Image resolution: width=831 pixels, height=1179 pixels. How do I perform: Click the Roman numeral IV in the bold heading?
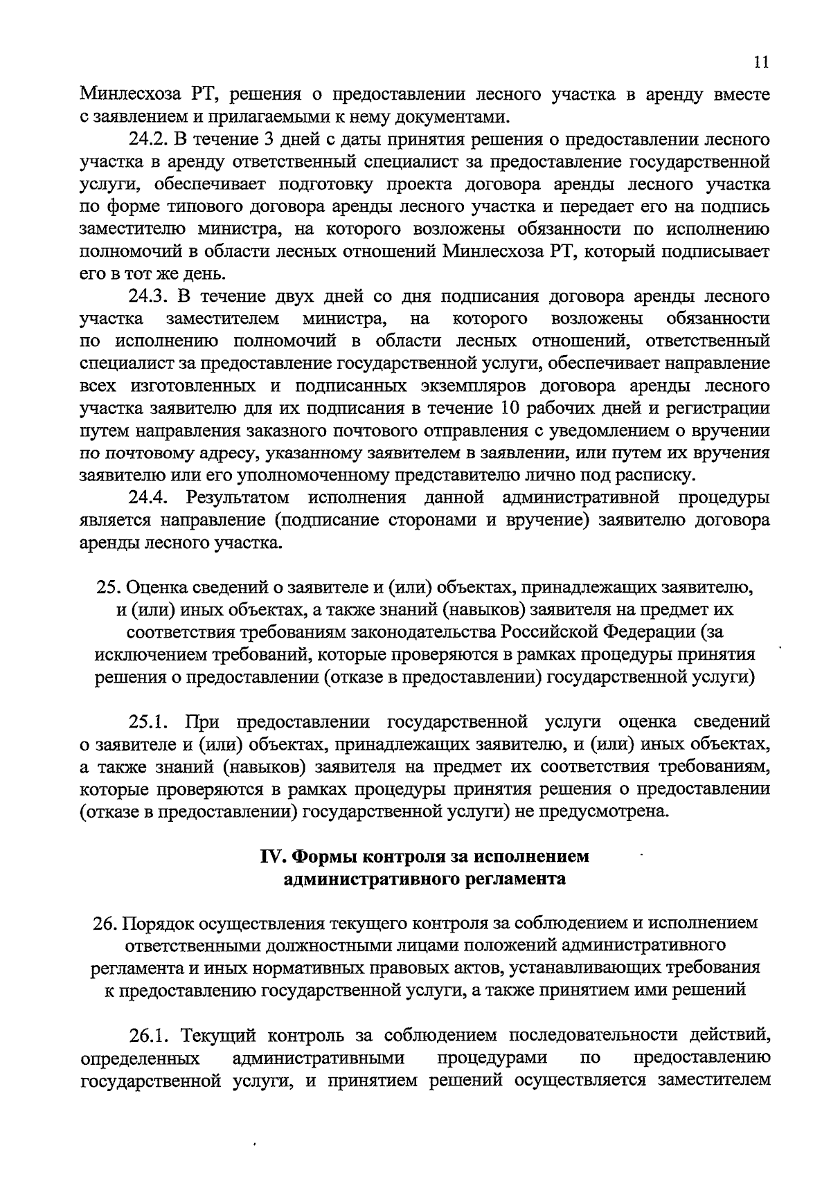coord(271,856)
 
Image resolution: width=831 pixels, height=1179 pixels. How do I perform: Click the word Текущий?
coord(216,1036)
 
